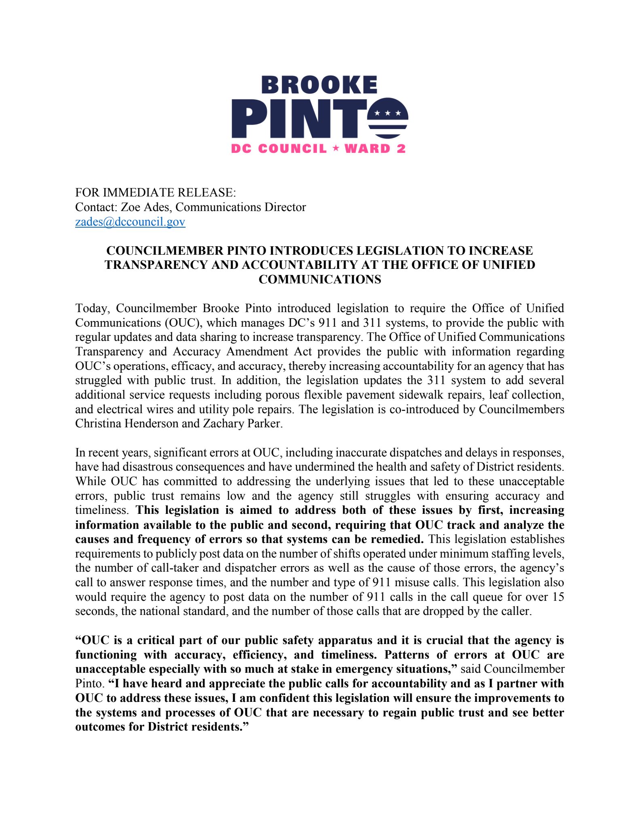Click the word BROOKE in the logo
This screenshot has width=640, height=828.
(x=319, y=85)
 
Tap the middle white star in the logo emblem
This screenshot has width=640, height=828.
(x=388, y=113)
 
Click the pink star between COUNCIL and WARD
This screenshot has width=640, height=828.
(x=336, y=148)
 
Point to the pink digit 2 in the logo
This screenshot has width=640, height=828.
(x=401, y=148)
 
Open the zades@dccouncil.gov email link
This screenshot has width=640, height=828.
(x=130, y=222)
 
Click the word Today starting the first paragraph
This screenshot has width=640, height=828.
(x=92, y=308)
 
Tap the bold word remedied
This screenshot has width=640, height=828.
(x=398, y=539)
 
